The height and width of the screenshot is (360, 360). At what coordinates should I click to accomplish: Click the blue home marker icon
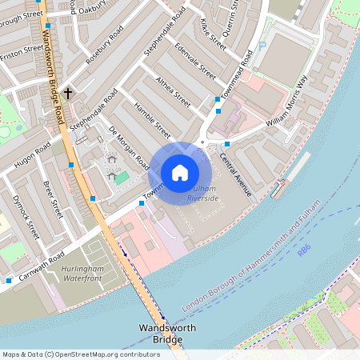pyautogui.click(x=180, y=173)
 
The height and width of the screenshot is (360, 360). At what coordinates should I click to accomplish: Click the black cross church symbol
pyautogui.click(x=68, y=94)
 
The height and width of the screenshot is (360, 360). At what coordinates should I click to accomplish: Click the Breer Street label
pyautogui.click(x=53, y=199)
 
